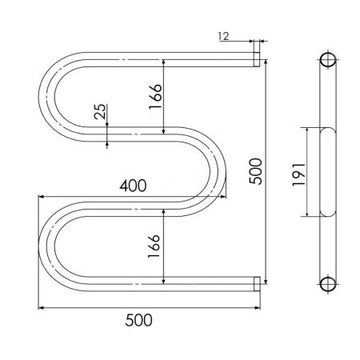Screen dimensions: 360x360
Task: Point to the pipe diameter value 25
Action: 99,113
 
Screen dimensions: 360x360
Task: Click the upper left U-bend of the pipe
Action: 50,95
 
